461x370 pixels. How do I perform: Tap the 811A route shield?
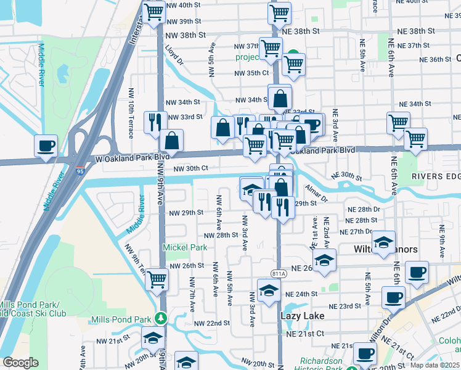(279, 274)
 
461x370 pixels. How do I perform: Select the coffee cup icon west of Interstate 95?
(46, 147)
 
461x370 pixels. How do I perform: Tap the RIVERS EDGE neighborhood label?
(436, 177)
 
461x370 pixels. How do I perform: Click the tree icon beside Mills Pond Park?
(161, 319)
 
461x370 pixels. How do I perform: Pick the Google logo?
(20, 363)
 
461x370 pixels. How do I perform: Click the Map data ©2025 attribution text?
(435, 365)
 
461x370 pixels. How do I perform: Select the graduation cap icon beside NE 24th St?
(269, 292)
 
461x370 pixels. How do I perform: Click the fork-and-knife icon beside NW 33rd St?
(155, 122)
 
